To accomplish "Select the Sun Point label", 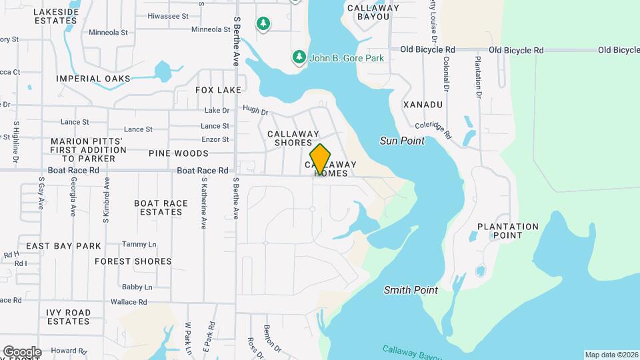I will tap(402, 141).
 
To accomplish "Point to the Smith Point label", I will tap(411, 290).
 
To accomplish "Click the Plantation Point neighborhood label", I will tap(508, 231).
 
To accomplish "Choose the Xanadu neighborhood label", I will tap(423, 105).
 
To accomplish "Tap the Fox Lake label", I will tap(218, 89).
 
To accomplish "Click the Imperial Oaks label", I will tap(93, 79).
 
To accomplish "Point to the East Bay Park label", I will tap(64, 246).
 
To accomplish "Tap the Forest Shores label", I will tap(133, 261).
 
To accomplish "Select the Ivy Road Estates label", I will tap(69, 317).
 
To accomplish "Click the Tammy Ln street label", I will tap(139, 244).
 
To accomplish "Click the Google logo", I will tap(22, 351).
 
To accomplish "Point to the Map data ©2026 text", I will tap(611, 355).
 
